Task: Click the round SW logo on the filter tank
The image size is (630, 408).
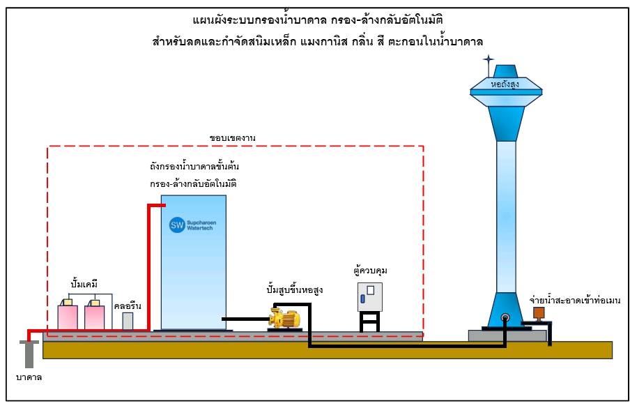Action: pos(176,225)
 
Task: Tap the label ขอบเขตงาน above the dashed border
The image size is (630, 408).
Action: pos(233,138)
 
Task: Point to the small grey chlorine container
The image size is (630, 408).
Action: pos(128,321)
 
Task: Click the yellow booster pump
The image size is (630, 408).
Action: pos(285,319)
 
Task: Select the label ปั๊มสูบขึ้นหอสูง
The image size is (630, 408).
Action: pos(295,289)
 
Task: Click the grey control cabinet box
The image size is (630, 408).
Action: pos(370,297)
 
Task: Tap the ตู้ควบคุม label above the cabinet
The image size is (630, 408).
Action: pos(370,269)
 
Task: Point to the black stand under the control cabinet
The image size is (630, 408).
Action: pos(370,322)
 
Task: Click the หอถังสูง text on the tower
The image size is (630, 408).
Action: pos(505,85)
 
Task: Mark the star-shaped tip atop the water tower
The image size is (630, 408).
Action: pos(489,59)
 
